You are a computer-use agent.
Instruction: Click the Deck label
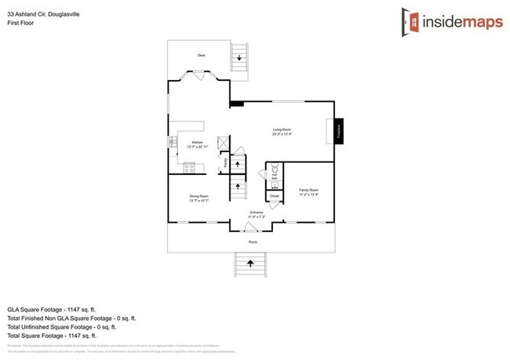click(200, 54)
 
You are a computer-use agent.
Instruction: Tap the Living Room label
click(282, 130)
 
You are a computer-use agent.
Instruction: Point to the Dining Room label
click(199, 197)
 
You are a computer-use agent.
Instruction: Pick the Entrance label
click(256, 212)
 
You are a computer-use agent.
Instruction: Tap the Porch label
click(253, 242)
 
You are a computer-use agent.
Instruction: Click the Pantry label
click(225, 163)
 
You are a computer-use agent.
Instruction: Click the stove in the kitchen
click(189, 167)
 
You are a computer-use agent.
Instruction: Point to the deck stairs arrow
click(240, 59)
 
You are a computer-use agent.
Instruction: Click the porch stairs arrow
click(253, 266)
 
